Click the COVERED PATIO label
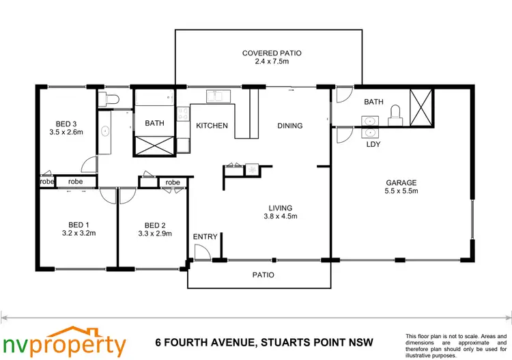tap(272, 53)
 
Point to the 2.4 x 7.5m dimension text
tap(272, 63)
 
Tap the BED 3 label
tap(66, 124)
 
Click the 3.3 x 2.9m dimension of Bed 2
tap(154, 234)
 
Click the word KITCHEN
tap(212, 126)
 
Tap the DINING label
tap(289, 126)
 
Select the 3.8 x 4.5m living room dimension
tap(280, 217)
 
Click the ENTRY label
tap(205, 237)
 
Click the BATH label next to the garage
tap(373, 102)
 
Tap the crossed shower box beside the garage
tap(421, 107)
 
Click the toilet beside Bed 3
tap(109, 100)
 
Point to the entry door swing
tap(201, 253)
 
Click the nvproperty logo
tap(65, 342)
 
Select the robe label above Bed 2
tap(172, 182)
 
